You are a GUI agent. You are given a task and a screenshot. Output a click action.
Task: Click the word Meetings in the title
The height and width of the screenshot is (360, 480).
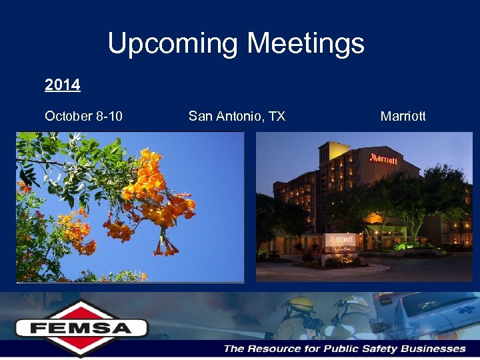tap(305, 44)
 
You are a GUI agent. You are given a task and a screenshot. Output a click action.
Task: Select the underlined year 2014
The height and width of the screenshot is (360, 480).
tap(62, 85)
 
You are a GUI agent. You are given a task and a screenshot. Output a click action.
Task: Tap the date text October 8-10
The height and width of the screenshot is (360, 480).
tap(83, 117)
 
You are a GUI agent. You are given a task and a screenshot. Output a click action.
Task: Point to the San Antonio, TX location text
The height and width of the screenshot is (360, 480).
tap(237, 117)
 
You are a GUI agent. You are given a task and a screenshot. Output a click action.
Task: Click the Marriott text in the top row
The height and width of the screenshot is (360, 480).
tap(403, 117)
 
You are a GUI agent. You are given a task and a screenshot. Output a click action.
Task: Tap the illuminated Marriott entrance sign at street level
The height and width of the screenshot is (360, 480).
tap(341, 239)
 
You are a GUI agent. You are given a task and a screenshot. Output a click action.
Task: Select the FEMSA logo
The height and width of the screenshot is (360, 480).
tap(81, 327)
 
